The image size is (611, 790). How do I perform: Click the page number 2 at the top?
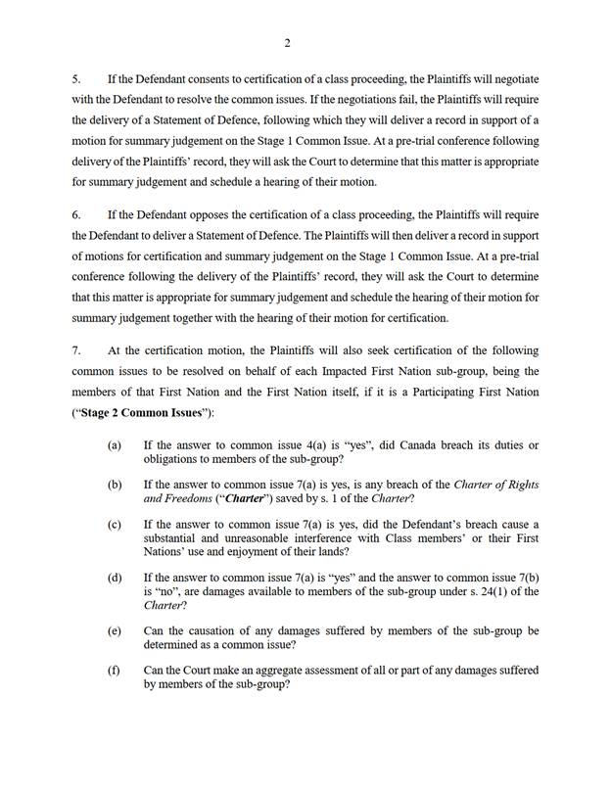pos(288,42)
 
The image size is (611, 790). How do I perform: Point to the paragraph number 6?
pos(75,214)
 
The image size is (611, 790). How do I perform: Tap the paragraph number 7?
pos(75,350)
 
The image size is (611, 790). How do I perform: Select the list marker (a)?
pos(115,445)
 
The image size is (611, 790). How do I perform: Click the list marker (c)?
pos(115,524)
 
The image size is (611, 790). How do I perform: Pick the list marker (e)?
pos(115,630)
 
